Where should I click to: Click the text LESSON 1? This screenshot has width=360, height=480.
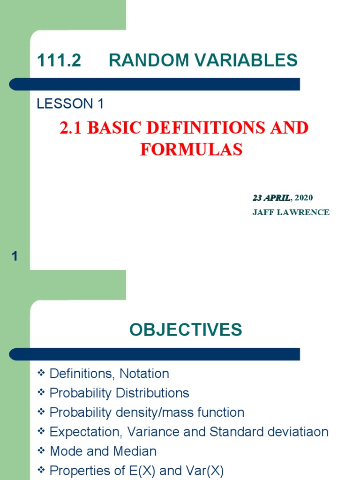tap(70, 104)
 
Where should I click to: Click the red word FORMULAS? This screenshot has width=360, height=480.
tap(191, 150)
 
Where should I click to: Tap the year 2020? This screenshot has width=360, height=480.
tap(304, 198)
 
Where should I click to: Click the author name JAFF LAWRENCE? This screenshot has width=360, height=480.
tap(291, 212)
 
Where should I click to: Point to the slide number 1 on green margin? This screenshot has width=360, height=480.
tap(15, 256)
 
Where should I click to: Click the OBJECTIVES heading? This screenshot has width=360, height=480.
tap(186, 330)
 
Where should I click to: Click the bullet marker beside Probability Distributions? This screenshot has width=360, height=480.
tap(41, 392)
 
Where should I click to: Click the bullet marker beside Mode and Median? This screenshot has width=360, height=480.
tap(41, 450)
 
